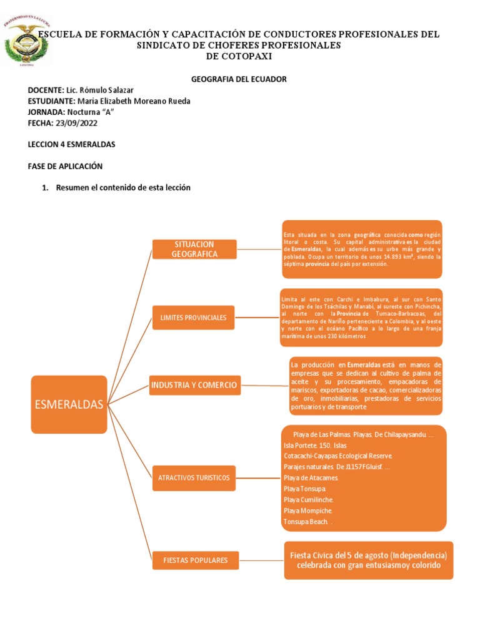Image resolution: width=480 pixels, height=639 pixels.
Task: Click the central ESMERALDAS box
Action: click(69, 404)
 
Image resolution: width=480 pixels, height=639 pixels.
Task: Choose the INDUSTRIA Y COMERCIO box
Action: click(194, 385)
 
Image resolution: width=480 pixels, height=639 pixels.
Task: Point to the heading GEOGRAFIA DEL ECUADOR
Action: click(238, 79)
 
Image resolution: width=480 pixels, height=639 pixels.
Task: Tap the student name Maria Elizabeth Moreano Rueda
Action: click(133, 101)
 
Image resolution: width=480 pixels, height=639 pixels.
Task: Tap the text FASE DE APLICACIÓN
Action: click(65, 166)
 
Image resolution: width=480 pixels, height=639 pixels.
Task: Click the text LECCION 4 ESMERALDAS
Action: click(71, 144)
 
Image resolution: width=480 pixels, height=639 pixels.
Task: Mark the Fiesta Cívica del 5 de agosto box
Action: click(368, 560)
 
